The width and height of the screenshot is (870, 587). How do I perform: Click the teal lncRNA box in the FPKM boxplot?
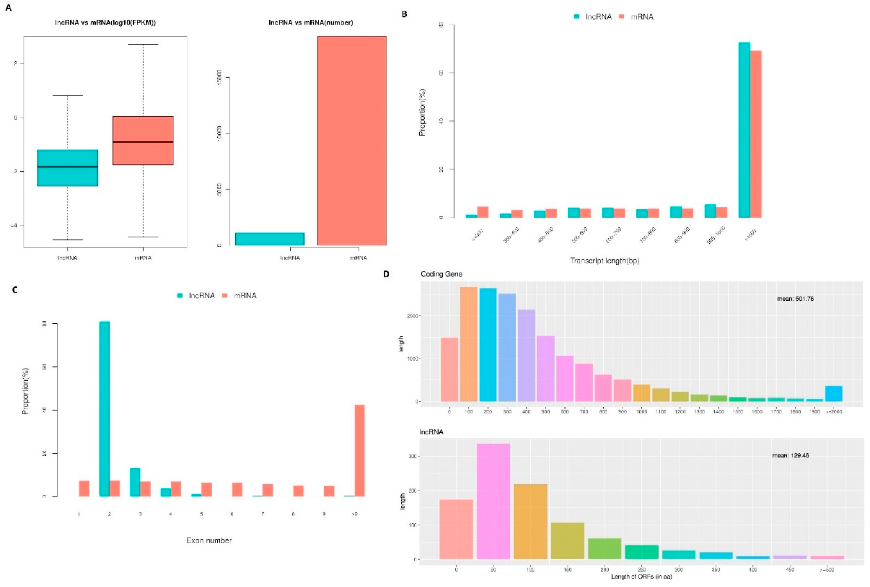(x=67, y=168)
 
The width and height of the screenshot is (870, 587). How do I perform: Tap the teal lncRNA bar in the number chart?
(x=270, y=239)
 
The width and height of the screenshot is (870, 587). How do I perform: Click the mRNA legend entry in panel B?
(x=637, y=17)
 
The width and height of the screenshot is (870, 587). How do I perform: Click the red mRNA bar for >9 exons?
(x=359, y=450)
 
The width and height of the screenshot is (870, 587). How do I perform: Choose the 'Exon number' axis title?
(x=209, y=540)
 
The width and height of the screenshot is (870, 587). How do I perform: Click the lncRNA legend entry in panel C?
(x=197, y=296)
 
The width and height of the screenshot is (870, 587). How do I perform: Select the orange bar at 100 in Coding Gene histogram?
(x=469, y=344)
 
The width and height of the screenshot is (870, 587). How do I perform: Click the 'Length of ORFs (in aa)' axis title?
(x=642, y=577)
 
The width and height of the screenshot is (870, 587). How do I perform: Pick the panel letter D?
(x=386, y=274)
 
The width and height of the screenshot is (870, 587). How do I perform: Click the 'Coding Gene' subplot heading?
(x=441, y=274)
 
